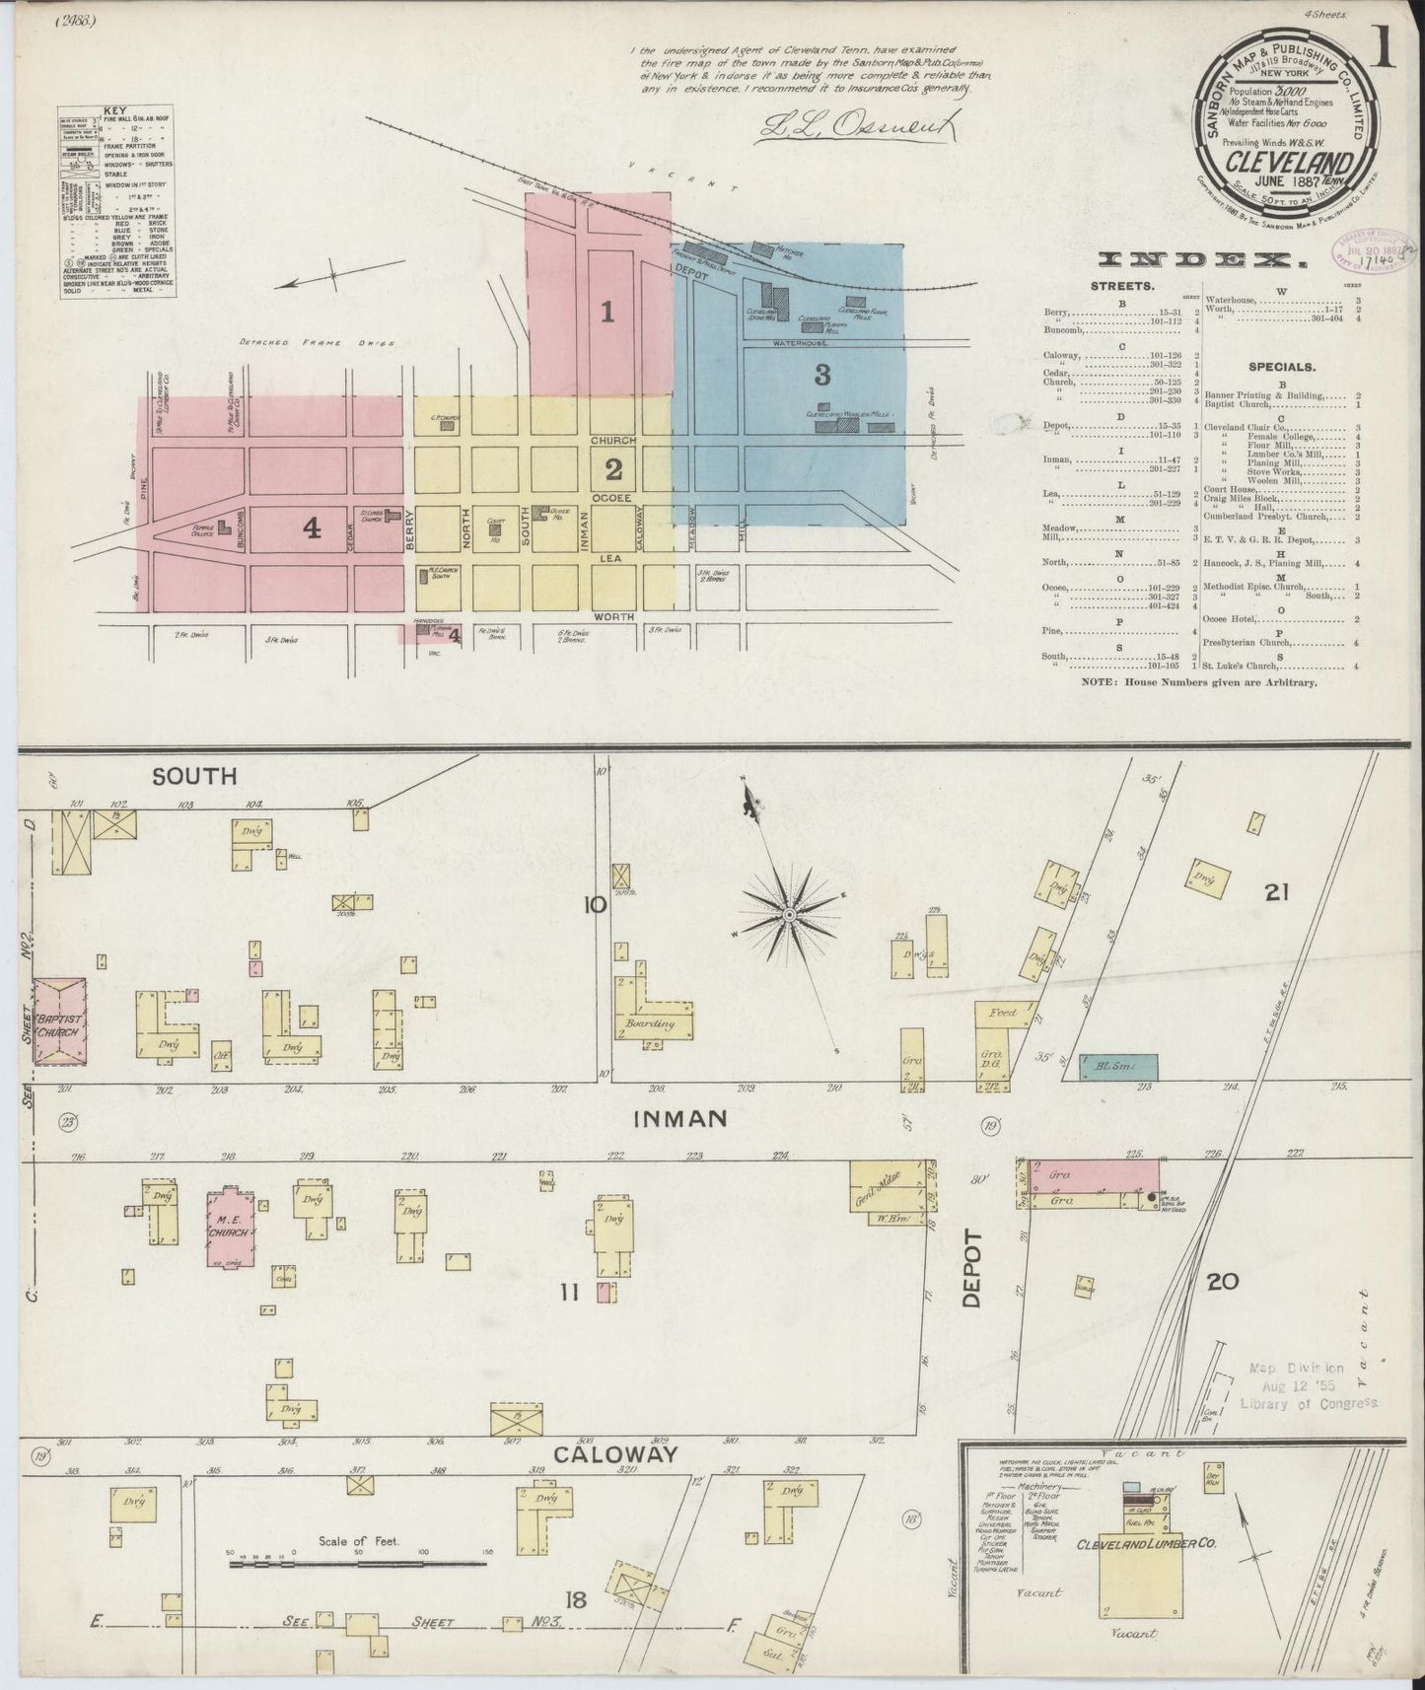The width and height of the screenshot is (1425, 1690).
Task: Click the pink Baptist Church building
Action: click(61, 1021)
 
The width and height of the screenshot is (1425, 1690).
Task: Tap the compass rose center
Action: click(789, 916)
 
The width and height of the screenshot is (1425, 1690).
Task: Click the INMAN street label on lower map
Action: click(679, 1118)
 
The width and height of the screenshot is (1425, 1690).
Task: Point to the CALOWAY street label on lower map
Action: click(616, 1453)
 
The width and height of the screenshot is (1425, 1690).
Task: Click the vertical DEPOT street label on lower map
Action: click(973, 1267)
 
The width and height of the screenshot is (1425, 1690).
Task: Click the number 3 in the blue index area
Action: click(821, 375)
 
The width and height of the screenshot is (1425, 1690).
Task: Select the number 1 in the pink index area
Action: click(607, 313)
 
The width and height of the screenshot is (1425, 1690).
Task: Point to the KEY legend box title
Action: click(115, 111)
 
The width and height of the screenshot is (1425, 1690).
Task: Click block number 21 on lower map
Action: click(1277, 892)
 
